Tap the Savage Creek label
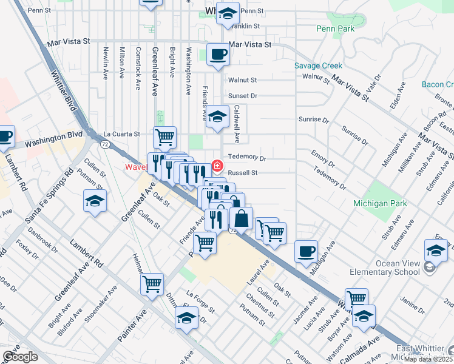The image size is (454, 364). tap(318, 66)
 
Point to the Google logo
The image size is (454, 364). tap(20, 357)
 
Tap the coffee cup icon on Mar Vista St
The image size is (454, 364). tap(219, 55)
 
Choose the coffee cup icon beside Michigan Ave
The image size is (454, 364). tap(306, 251)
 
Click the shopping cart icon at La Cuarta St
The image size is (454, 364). tap(164, 136)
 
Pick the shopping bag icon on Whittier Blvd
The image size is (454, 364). tap(241, 218)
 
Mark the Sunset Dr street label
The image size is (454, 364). tap(243, 96)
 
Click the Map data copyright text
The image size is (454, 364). tap(427, 359)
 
